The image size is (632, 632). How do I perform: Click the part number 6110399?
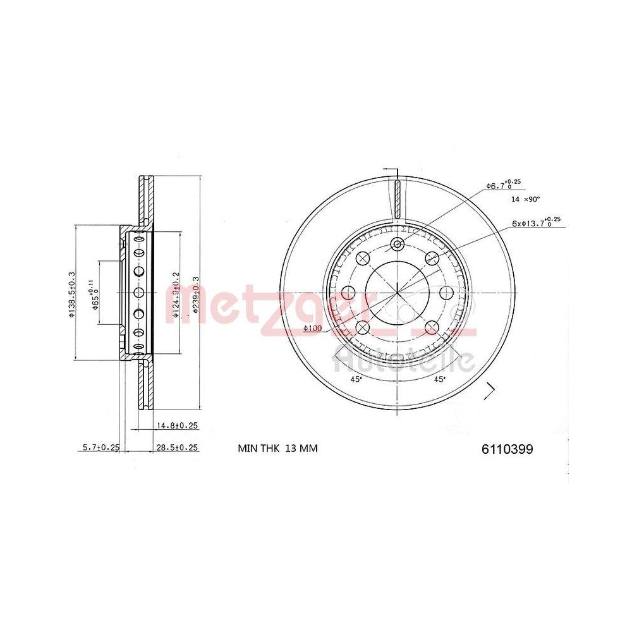pyautogui.click(x=507, y=449)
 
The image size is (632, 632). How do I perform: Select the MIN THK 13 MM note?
pyautogui.click(x=277, y=449)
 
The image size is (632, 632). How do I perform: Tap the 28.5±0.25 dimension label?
pyautogui.click(x=177, y=447)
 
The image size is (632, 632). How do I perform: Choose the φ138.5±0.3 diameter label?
pyautogui.click(x=72, y=295)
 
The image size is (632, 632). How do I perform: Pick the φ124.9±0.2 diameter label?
pyautogui.click(x=176, y=294)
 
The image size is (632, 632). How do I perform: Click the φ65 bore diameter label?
pyautogui.click(x=95, y=295)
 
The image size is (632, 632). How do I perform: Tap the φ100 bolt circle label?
pyautogui.click(x=313, y=328)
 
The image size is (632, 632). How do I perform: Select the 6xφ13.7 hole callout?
pyautogui.click(x=537, y=222)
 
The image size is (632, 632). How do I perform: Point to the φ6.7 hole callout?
pyautogui.click(x=503, y=185)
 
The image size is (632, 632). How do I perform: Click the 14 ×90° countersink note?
pyautogui.click(x=525, y=199)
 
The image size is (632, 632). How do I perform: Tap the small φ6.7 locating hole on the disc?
pyautogui.click(x=397, y=245)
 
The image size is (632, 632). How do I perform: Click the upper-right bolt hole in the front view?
pyautogui.click(x=432, y=258)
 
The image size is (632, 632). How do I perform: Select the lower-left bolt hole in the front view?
pyautogui.click(x=363, y=327)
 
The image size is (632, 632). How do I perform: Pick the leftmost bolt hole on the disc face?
pyautogui.click(x=348, y=293)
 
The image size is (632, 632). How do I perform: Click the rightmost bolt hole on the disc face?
pyautogui.click(x=446, y=293)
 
